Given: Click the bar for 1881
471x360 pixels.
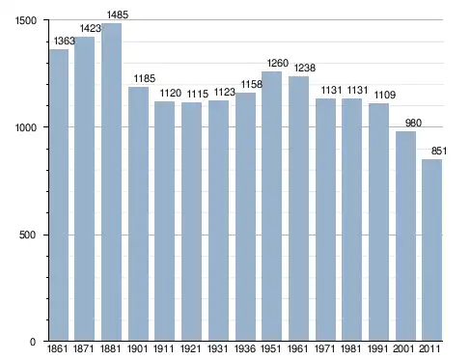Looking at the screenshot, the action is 111,182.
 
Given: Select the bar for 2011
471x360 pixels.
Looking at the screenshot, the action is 431,250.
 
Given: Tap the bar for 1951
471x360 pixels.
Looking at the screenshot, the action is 271,207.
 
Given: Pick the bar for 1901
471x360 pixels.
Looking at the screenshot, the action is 138,214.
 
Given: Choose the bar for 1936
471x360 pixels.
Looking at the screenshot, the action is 245,217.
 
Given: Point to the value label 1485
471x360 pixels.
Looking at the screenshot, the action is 118,14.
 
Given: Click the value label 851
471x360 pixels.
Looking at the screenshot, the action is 439,151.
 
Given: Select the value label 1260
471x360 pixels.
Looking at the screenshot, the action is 278,63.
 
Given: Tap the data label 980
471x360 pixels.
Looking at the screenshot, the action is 413,123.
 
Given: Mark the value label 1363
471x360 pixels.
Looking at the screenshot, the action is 64,41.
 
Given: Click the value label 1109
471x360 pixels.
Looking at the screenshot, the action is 385,95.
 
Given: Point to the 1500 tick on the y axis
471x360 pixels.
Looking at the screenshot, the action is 26,20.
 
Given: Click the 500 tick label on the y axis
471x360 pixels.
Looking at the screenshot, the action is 27,235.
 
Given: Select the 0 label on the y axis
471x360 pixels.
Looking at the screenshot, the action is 33,342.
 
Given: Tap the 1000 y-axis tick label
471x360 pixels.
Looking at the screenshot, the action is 26,127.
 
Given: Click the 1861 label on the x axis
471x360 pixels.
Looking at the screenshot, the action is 58,348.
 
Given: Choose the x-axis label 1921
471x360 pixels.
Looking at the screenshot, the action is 191,348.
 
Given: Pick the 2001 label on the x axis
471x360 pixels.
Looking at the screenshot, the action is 403,348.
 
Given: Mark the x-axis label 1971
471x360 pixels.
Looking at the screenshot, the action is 324,348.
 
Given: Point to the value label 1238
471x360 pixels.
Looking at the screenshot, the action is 305,68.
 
